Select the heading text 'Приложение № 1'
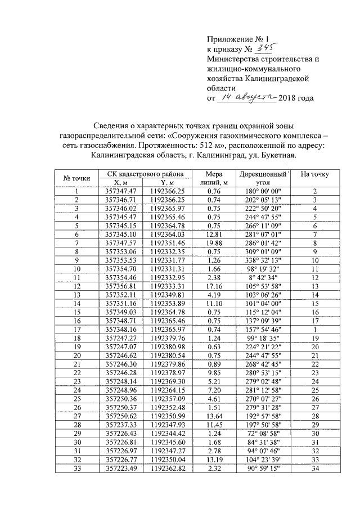[235, 39]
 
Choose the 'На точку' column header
[315, 174]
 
